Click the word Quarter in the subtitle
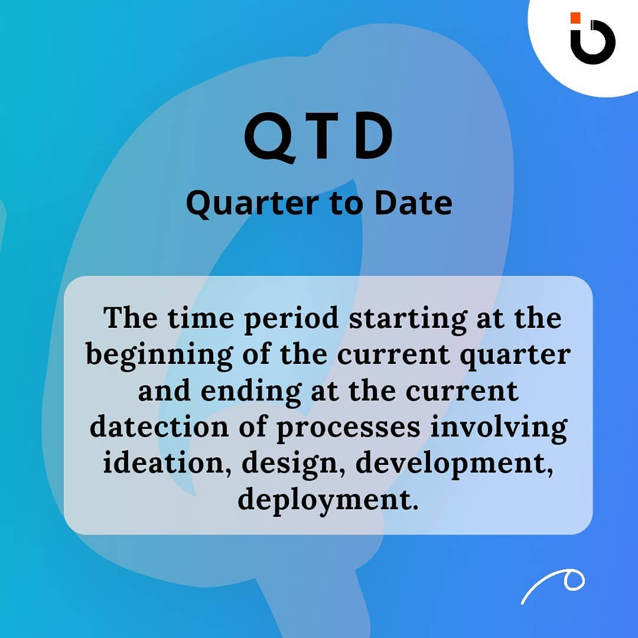(x=252, y=203)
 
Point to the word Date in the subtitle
(x=414, y=203)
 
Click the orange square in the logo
(x=575, y=18)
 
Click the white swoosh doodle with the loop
(x=553, y=586)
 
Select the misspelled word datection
(x=159, y=427)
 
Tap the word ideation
(x=167, y=463)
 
